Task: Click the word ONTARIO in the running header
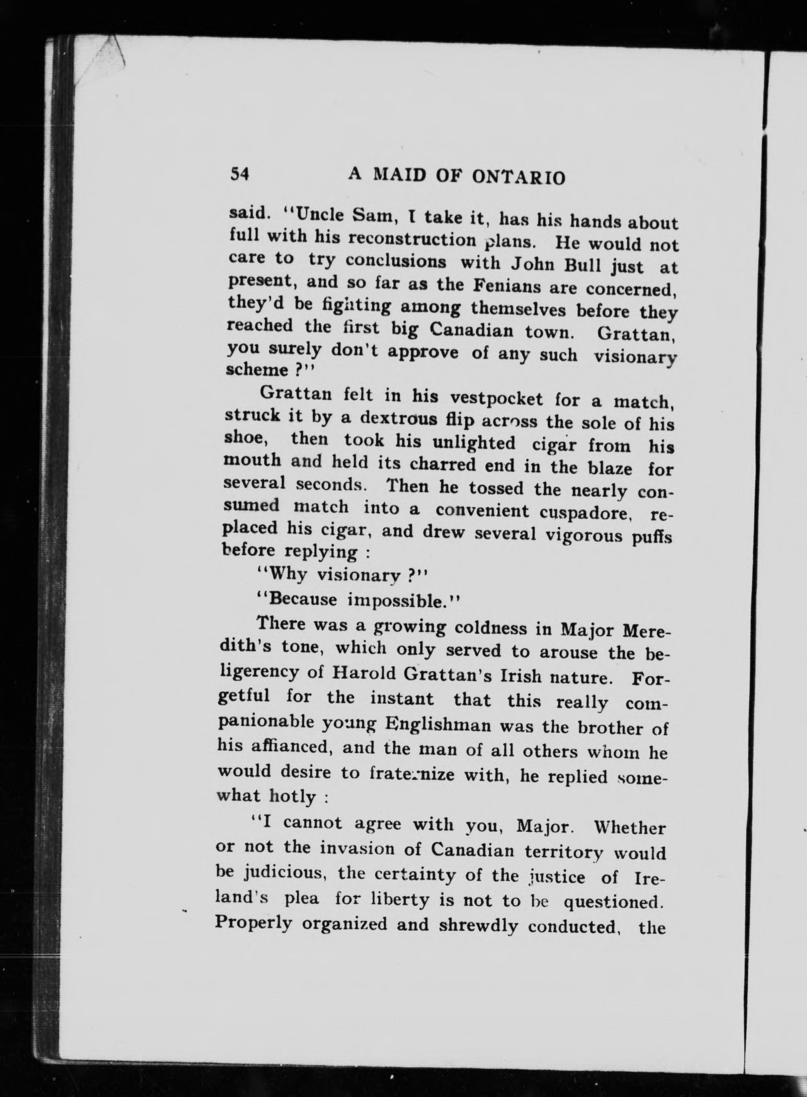coord(519,177)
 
